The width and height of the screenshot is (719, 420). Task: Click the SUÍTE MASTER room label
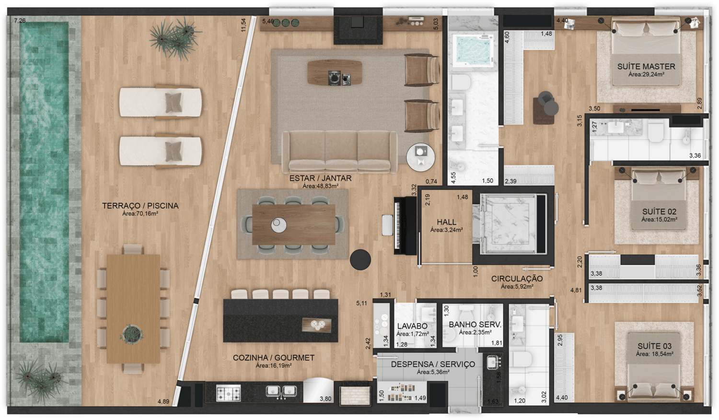coord(646,67)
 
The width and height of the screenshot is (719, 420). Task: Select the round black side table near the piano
coord(360,259)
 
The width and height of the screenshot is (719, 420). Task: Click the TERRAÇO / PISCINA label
coord(140,206)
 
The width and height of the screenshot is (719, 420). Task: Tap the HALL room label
coord(446,222)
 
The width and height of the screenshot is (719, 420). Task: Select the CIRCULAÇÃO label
coord(517,279)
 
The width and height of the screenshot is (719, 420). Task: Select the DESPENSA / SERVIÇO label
coord(433,364)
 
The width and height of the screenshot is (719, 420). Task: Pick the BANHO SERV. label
coord(475,325)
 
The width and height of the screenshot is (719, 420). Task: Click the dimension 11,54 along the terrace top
coord(244,25)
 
